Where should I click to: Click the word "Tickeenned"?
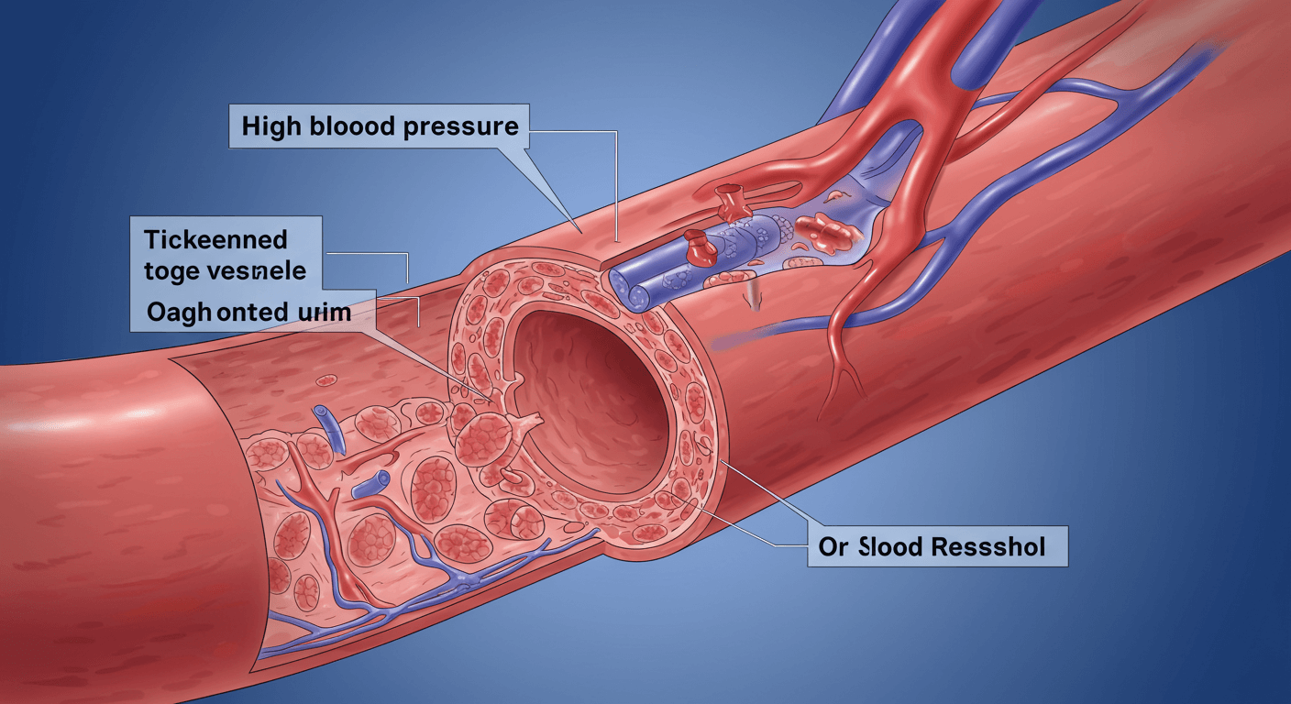[x=216, y=240]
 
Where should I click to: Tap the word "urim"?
[x=322, y=312]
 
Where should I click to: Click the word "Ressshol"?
[x=990, y=548]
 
